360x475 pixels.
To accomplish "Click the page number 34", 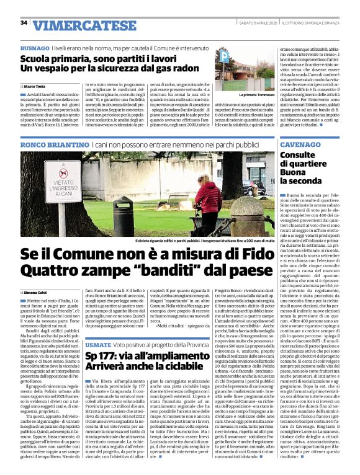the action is tap(24, 23).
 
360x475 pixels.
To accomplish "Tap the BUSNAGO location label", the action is tap(35, 48).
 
